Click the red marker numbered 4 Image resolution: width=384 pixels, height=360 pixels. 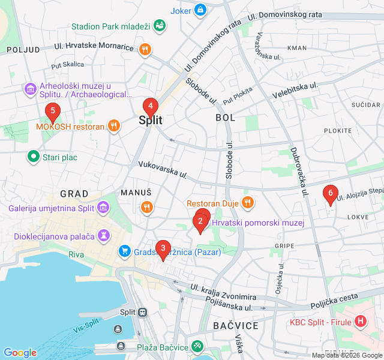pyautogui.click(x=150, y=107)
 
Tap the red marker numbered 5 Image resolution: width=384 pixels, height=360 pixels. pyautogui.click(x=53, y=112)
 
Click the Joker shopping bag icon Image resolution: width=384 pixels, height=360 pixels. pyautogui.click(x=200, y=10)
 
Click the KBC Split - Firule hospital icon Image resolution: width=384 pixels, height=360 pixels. pyautogui.click(x=360, y=322)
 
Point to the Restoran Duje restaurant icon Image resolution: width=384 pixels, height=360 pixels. pyautogui.click(x=247, y=203)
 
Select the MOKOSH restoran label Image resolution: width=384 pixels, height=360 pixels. pyautogui.click(x=70, y=127)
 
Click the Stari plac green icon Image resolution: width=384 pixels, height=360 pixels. pyautogui.click(x=34, y=157)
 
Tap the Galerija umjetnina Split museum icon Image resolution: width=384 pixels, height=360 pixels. pyautogui.click(x=104, y=208)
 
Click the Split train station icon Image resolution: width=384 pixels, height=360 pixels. pyautogui.click(x=143, y=312)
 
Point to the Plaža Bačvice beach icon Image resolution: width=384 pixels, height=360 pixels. pyautogui.click(x=197, y=347)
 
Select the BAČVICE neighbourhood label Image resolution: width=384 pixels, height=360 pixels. pyautogui.click(x=235, y=325)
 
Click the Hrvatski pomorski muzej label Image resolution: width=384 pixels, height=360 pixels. pyautogui.click(x=257, y=223)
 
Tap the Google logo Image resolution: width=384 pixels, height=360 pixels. pyautogui.click(x=20, y=353)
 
